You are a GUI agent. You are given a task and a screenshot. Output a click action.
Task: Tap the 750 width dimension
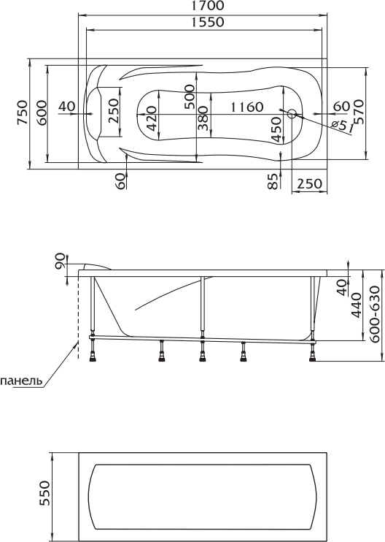pyautogui.click(x=23, y=112)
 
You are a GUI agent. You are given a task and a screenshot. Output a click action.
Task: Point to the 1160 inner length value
pyautogui.click(x=246, y=107)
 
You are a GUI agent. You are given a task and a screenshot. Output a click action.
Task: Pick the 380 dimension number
pyautogui.click(x=203, y=118)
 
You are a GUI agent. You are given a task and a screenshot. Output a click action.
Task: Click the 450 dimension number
pyautogui.click(x=276, y=129)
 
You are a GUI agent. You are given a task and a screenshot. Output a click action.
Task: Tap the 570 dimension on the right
pyautogui.click(x=359, y=112)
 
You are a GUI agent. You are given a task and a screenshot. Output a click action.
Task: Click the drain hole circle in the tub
pyautogui.click(x=292, y=114)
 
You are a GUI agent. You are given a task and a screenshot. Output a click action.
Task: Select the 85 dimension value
pyautogui.click(x=273, y=181)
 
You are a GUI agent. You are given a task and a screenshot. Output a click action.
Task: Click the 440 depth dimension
pyautogui.click(x=356, y=305)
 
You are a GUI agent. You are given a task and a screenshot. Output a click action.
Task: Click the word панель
pyautogui.click(x=21, y=381)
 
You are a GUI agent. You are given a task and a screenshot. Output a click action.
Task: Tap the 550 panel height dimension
pyautogui.click(x=45, y=493)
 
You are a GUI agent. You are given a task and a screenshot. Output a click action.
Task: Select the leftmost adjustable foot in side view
pyautogui.click(x=92, y=353)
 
